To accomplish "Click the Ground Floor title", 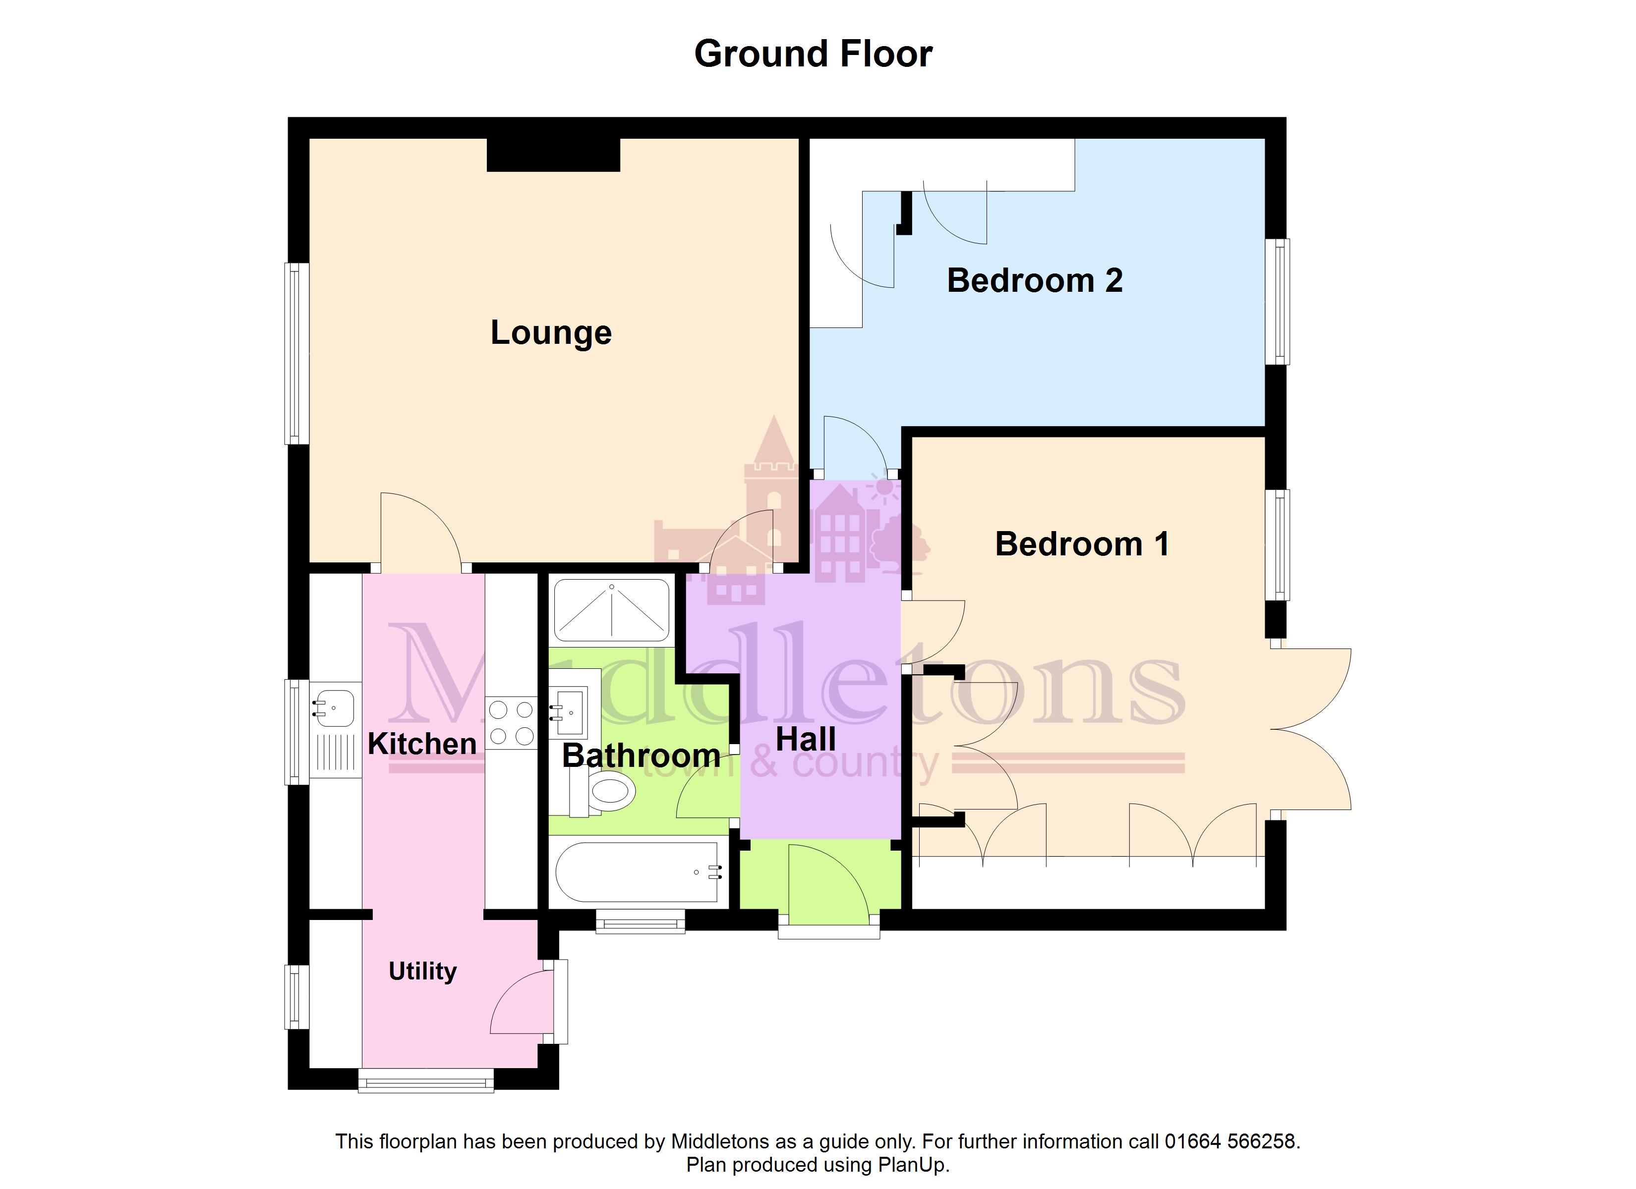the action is (x=813, y=54).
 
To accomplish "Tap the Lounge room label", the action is (x=551, y=333).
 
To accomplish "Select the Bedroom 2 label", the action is (x=1035, y=280).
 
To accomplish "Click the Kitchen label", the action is (x=422, y=744).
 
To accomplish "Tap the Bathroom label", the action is (x=642, y=756).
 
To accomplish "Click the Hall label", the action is (x=806, y=740).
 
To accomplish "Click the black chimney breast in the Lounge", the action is (x=553, y=154).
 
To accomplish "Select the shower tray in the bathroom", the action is (x=612, y=611).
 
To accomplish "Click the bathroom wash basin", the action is (x=569, y=704).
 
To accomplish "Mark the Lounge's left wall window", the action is (x=294, y=353).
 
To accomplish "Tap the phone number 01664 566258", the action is (x=1230, y=1141).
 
